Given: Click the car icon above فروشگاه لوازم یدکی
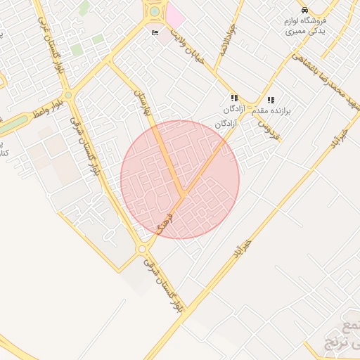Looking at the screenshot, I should click(x=304, y=11).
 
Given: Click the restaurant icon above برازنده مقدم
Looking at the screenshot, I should click(x=271, y=100).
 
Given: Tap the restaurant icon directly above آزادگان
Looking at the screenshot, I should click(x=234, y=99).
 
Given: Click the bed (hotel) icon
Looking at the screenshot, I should click(x=155, y=32).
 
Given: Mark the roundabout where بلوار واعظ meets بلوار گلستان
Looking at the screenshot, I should click(x=68, y=95).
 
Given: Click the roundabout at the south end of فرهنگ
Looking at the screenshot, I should click(x=143, y=249).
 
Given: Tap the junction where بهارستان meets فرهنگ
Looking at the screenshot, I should click(x=182, y=193).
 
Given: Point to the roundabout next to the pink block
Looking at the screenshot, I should click(x=154, y=11).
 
